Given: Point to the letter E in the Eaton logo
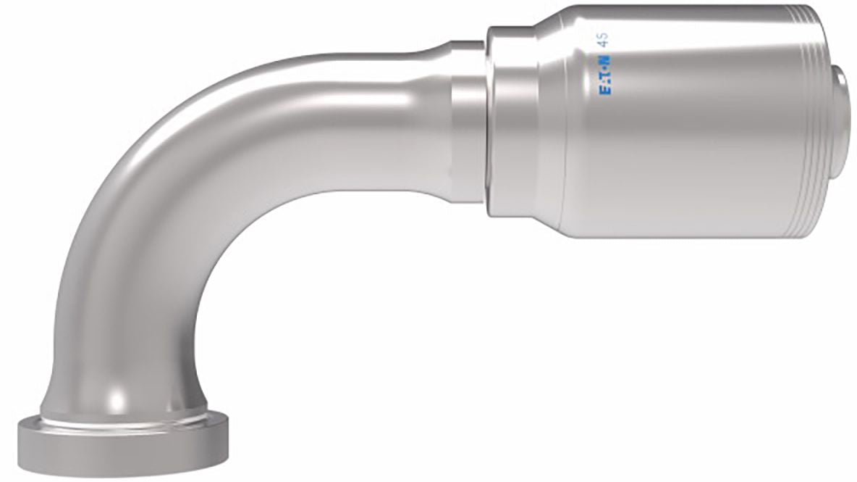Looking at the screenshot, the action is [606, 89].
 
